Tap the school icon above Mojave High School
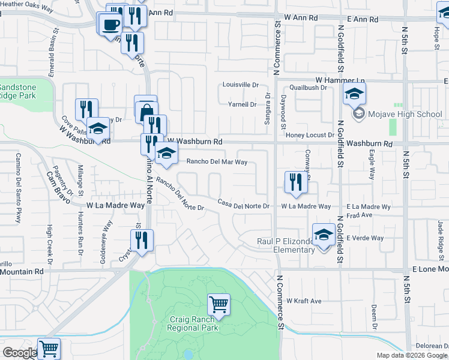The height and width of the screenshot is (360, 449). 355,94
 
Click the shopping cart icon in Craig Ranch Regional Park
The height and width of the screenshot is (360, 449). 218,304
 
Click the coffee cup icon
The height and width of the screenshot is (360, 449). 110,24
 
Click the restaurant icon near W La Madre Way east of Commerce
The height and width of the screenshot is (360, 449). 295,182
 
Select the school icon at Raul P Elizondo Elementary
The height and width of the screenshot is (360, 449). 324,235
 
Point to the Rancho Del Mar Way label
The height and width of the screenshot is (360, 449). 217,162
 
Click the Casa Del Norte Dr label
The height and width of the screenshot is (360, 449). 243,204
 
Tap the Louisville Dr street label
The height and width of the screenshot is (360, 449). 240,85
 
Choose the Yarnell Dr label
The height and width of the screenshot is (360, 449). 243,104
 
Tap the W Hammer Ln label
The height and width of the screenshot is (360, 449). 341,80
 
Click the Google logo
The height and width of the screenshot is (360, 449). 20,352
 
